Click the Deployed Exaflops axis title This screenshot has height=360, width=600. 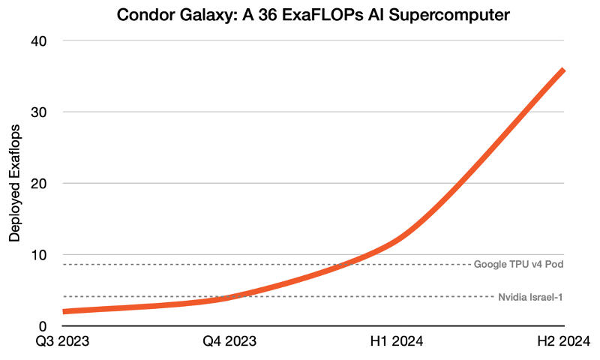pos(14,184)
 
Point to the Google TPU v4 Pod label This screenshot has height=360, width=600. pos(518,265)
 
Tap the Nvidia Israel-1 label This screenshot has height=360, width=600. pos(530,297)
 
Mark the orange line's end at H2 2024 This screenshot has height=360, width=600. pos(562,70)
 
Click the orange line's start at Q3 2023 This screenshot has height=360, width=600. pos(65,311)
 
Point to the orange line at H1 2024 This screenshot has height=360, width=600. pos(397,241)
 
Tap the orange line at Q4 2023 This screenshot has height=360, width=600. pos(229,297)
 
